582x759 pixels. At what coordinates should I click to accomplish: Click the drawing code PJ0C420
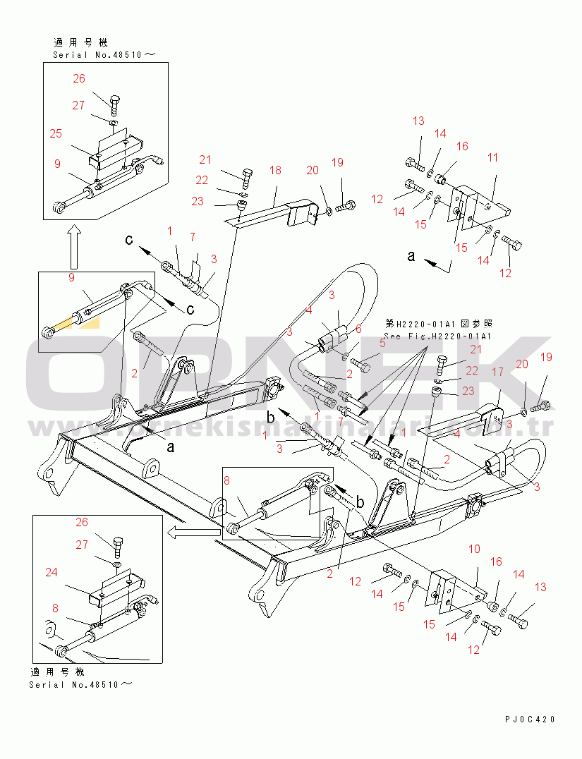(530, 719)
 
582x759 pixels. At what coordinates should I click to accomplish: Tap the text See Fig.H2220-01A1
(437, 336)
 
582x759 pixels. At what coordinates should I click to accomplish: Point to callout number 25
(56, 133)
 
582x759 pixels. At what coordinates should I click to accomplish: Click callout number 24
(51, 573)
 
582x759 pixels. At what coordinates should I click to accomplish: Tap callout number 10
(474, 549)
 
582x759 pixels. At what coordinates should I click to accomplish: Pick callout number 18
(274, 171)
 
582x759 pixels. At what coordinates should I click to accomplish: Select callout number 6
(358, 329)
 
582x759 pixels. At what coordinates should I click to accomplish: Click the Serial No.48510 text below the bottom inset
(80, 684)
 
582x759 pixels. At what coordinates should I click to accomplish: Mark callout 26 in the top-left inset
(78, 79)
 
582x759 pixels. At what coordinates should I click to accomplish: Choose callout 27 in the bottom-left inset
(82, 544)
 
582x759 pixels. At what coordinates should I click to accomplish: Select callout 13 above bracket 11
(418, 121)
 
